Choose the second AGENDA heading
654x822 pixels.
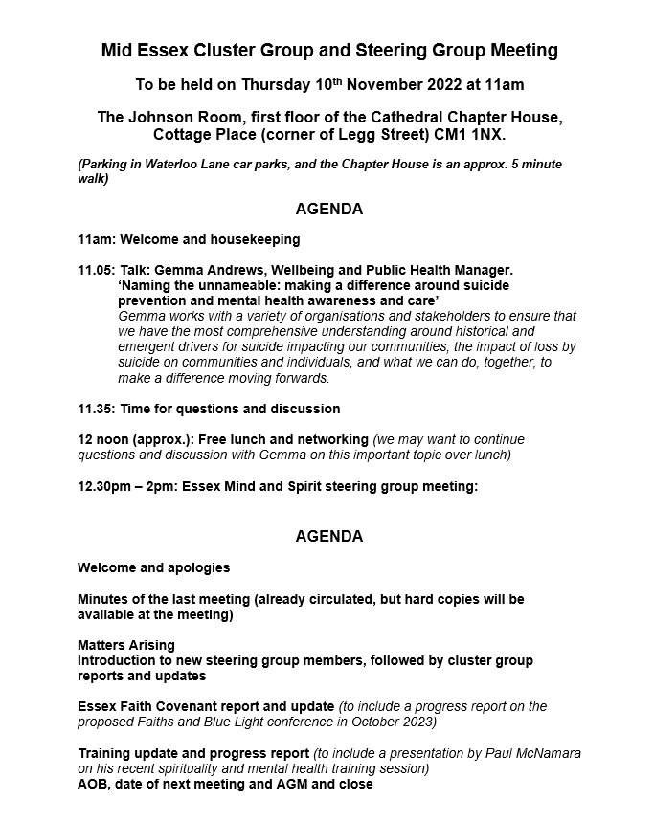point(328,536)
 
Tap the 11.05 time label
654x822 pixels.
point(95,271)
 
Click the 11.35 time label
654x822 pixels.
point(95,409)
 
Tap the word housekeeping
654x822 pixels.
point(255,239)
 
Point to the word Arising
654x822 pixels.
point(151,645)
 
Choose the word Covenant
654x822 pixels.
point(190,706)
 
